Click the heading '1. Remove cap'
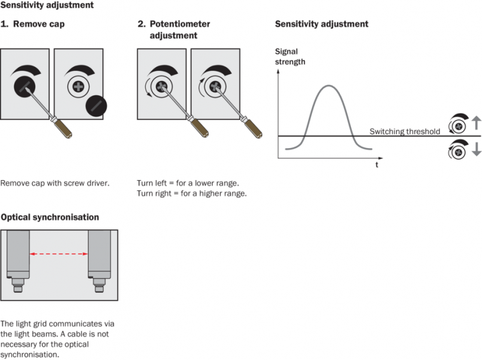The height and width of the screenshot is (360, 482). (x=32, y=25)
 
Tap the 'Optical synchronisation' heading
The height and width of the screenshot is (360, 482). (x=50, y=217)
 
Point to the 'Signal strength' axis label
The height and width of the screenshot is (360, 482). (x=290, y=56)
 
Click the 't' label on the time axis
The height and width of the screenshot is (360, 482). (x=376, y=165)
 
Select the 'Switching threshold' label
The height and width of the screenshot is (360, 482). (x=405, y=131)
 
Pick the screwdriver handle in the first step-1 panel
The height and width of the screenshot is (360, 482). (x=61, y=127)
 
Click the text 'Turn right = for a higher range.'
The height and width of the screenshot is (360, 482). (x=192, y=193)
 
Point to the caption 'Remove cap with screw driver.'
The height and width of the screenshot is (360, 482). (x=55, y=182)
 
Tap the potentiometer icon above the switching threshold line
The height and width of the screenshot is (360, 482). (x=457, y=125)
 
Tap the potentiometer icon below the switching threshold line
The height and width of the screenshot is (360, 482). (x=457, y=151)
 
